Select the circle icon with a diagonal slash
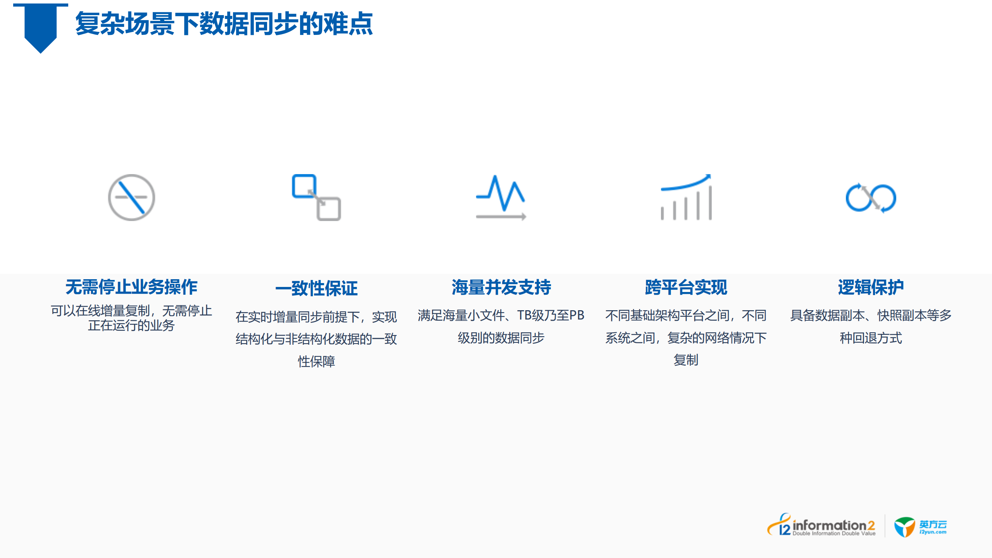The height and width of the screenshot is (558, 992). click(131, 197)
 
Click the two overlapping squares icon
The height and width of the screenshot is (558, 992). click(316, 197)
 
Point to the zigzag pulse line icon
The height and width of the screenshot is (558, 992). click(501, 197)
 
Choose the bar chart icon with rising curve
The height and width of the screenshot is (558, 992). click(686, 197)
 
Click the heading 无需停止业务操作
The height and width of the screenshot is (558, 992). click(131, 287)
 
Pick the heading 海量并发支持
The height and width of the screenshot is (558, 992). click(501, 287)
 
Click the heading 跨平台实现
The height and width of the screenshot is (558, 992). click(686, 287)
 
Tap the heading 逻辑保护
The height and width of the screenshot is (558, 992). click(871, 287)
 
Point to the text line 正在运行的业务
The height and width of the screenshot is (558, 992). click(131, 325)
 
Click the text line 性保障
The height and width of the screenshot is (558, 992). click(316, 361)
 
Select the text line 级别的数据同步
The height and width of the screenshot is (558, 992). click(501, 338)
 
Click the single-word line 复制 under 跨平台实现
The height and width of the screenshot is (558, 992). click(686, 360)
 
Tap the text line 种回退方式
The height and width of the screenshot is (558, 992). click(871, 338)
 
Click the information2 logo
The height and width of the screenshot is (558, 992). click(821, 526)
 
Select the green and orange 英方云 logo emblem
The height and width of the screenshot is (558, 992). click(904, 527)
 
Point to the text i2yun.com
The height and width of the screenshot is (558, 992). click(933, 532)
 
